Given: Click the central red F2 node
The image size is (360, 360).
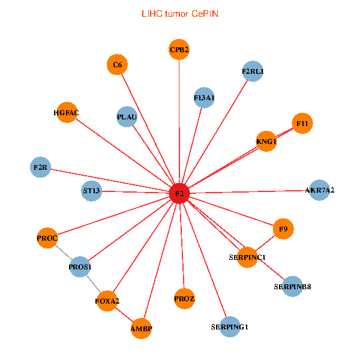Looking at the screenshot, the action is (179, 194).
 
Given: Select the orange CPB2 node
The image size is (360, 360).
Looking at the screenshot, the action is (179, 50).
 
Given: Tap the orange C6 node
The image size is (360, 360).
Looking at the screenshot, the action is (117, 65).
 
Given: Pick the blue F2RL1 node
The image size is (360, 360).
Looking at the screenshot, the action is (253, 71).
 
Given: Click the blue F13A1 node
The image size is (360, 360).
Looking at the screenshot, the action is (205, 97).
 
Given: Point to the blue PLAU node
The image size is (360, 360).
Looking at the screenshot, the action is (127, 116).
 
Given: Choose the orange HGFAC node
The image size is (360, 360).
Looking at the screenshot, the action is (67, 112).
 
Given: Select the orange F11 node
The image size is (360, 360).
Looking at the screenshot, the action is (302, 124).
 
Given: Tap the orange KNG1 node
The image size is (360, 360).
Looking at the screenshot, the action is (266, 142).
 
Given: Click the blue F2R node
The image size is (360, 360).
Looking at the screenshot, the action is (40, 167).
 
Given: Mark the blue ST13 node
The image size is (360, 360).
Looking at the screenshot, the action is (92, 191).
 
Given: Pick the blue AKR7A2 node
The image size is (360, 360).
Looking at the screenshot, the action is (319, 190).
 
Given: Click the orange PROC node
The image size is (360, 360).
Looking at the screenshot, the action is (47, 238).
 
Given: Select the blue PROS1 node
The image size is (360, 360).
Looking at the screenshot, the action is (80, 266).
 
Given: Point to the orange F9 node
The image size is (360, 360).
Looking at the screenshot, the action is (283, 229).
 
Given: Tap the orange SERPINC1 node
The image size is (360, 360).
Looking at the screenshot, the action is (247, 257).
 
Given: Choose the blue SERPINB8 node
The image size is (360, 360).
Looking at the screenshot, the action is (292, 286).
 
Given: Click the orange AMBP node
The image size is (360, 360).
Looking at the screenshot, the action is (141, 329).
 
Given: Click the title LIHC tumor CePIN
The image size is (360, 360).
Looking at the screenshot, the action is (179, 13).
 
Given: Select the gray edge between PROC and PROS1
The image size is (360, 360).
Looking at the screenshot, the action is (63, 252).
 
